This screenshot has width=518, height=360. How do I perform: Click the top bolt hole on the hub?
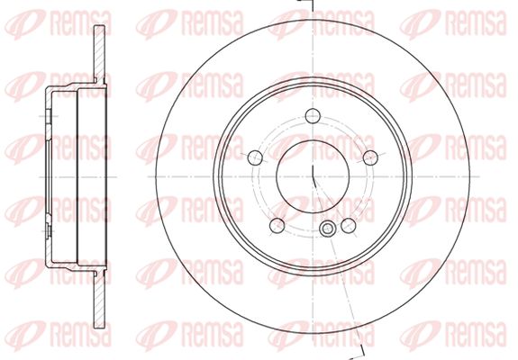coord(313,116)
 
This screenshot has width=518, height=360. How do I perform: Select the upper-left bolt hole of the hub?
coord(255,157)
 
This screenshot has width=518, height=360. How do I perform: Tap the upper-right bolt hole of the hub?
coord(370,157)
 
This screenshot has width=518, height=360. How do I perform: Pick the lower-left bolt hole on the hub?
coord(277,225)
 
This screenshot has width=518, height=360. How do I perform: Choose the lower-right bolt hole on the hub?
coord(349,225)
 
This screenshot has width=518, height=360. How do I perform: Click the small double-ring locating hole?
coord(327,229)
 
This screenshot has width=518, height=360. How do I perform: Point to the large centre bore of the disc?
coord(313,176)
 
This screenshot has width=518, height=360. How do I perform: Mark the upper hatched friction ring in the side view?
coord(99,53)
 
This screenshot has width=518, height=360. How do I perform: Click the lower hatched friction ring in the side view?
coord(99,299)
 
